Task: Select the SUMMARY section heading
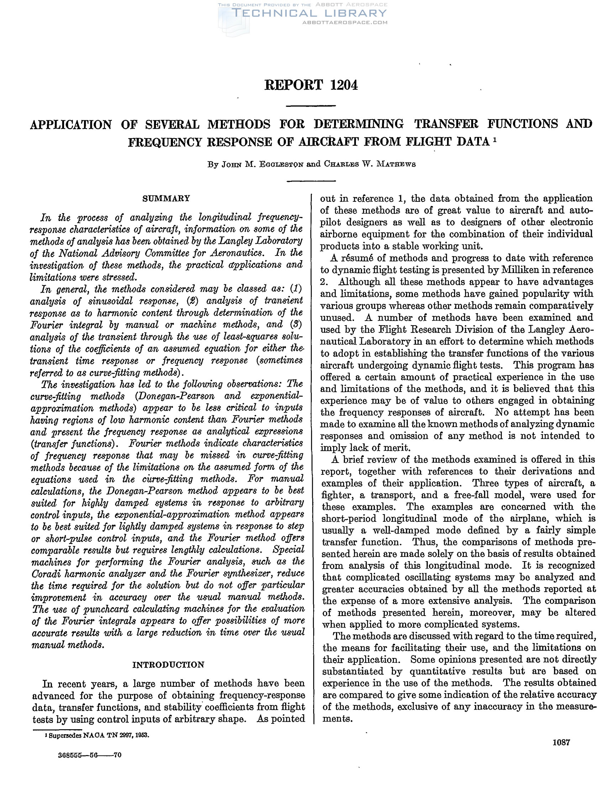(x=167, y=198)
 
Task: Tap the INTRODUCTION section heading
(x=168, y=665)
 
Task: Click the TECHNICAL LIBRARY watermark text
(x=309, y=14)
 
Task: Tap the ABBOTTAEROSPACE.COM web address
(x=345, y=22)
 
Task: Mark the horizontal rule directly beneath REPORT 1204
(x=311, y=106)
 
